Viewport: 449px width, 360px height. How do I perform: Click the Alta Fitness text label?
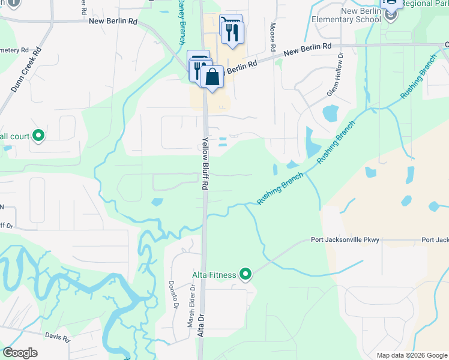tap(213, 275)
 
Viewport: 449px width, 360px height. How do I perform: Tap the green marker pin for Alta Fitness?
tap(246, 275)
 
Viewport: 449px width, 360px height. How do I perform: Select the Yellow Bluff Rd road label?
tap(205, 164)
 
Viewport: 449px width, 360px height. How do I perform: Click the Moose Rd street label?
tap(273, 37)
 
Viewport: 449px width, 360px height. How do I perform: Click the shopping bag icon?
tap(212, 77)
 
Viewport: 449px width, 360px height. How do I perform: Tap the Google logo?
tap(20, 353)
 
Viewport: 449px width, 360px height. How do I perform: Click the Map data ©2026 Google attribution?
tap(411, 355)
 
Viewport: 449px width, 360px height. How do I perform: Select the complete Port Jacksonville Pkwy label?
tap(345, 240)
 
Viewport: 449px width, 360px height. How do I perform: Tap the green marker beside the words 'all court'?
tap(38, 136)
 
